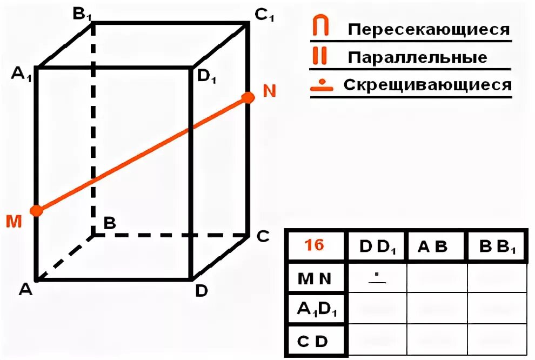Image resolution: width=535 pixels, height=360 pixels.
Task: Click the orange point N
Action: pyautogui.click(x=248, y=97)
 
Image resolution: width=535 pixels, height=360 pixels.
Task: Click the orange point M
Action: pyautogui.click(x=36, y=210)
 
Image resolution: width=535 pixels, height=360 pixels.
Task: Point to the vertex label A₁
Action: pyautogui.click(x=22, y=74)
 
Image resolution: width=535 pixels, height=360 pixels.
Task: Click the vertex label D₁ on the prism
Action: pyautogui.click(x=206, y=76)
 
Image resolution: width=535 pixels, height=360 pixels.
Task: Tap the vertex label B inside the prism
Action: pyautogui.click(x=109, y=223)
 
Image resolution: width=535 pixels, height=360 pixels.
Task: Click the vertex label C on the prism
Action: pyautogui.click(x=262, y=237)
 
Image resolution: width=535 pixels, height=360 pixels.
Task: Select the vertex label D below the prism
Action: pyautogui.click(x=201, y=291)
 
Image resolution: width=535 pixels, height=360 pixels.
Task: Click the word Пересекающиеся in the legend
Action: pyautogui.click(x=429, y=29)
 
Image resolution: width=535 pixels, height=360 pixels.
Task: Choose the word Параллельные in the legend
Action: pyautogui.click(x=417, y=57)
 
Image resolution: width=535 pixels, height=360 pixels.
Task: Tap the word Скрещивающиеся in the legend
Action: pyautogui.click(x=427, y=85)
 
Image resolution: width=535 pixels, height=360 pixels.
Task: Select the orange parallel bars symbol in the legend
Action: pyautogui.click(x=320, y=56)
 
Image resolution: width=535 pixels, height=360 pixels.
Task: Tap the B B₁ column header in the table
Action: pyautogui.click(x=497, y=249)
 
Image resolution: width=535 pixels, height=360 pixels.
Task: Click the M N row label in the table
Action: pyautogui.click(x=314, y=278)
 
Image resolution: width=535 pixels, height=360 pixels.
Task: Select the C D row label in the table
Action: pyautogui.click(x=314, y=341)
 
